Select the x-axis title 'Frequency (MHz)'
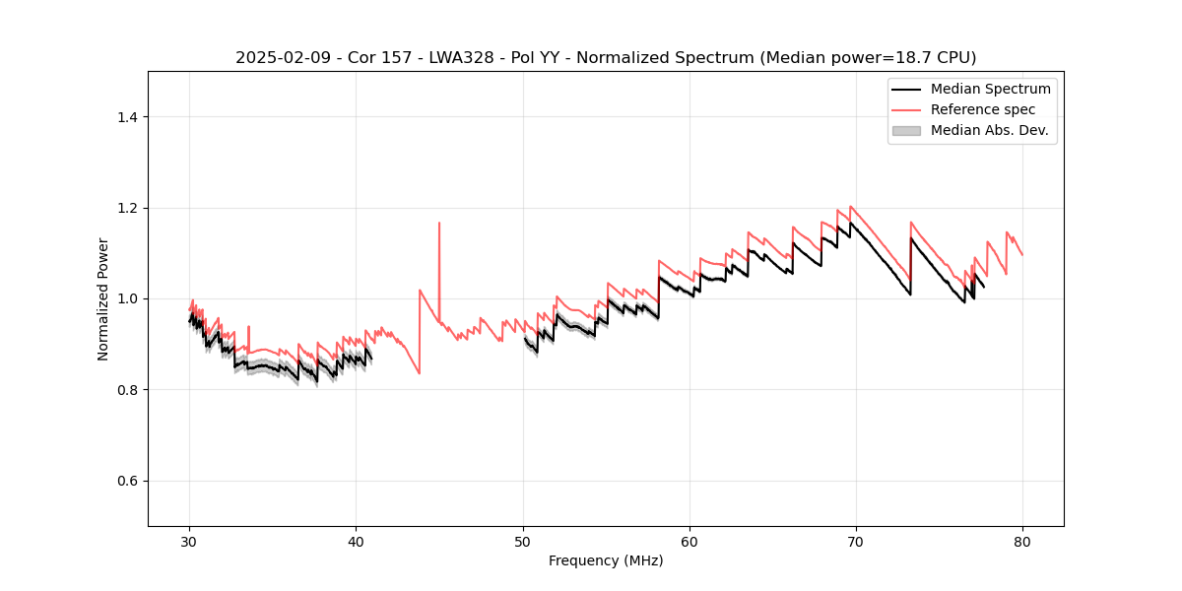[606, 560]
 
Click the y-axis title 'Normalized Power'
[103, 298]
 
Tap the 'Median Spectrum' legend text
[990, 89]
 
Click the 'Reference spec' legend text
[983, 109]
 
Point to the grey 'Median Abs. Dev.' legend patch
[906, 130]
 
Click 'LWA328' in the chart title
[465, 58]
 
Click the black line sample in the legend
[906, 89]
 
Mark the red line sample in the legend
[906, 109]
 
